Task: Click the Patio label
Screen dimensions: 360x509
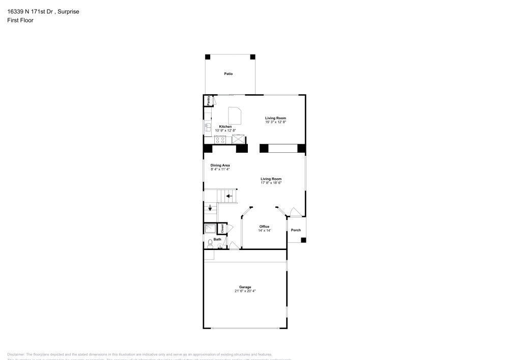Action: click(x=229, y=74)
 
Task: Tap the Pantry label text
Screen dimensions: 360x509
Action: click(x=209, y=100)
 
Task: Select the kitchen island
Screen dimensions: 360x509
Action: click(x=235, y=115)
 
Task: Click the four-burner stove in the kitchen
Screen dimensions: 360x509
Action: click(x=220, y=139)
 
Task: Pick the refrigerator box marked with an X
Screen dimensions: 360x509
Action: click(x=238, y=139)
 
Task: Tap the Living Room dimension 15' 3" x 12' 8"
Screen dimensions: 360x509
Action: click(x=275, y=122)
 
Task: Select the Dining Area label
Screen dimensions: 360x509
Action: click(x=220, y=165)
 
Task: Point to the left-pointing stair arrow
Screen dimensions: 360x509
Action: click(x=230, y=196)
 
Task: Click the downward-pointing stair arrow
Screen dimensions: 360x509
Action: click(x=210, y=208)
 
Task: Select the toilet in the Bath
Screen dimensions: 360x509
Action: click(x=210, y=244)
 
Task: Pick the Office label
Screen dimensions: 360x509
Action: click(x=264, y=227)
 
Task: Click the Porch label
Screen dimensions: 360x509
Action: click(x=296, y=230)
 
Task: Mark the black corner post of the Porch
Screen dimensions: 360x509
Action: click(x=304, y=240)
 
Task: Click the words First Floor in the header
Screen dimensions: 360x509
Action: click(x=20, y=20)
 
